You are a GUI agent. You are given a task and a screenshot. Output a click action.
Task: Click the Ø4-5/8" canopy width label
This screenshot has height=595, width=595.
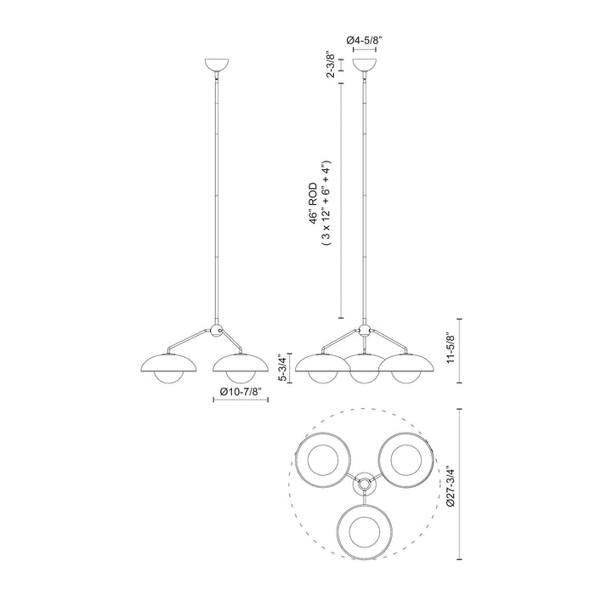pos(364,39)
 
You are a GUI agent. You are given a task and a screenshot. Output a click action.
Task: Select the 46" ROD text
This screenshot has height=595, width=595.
pos(314,203)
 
